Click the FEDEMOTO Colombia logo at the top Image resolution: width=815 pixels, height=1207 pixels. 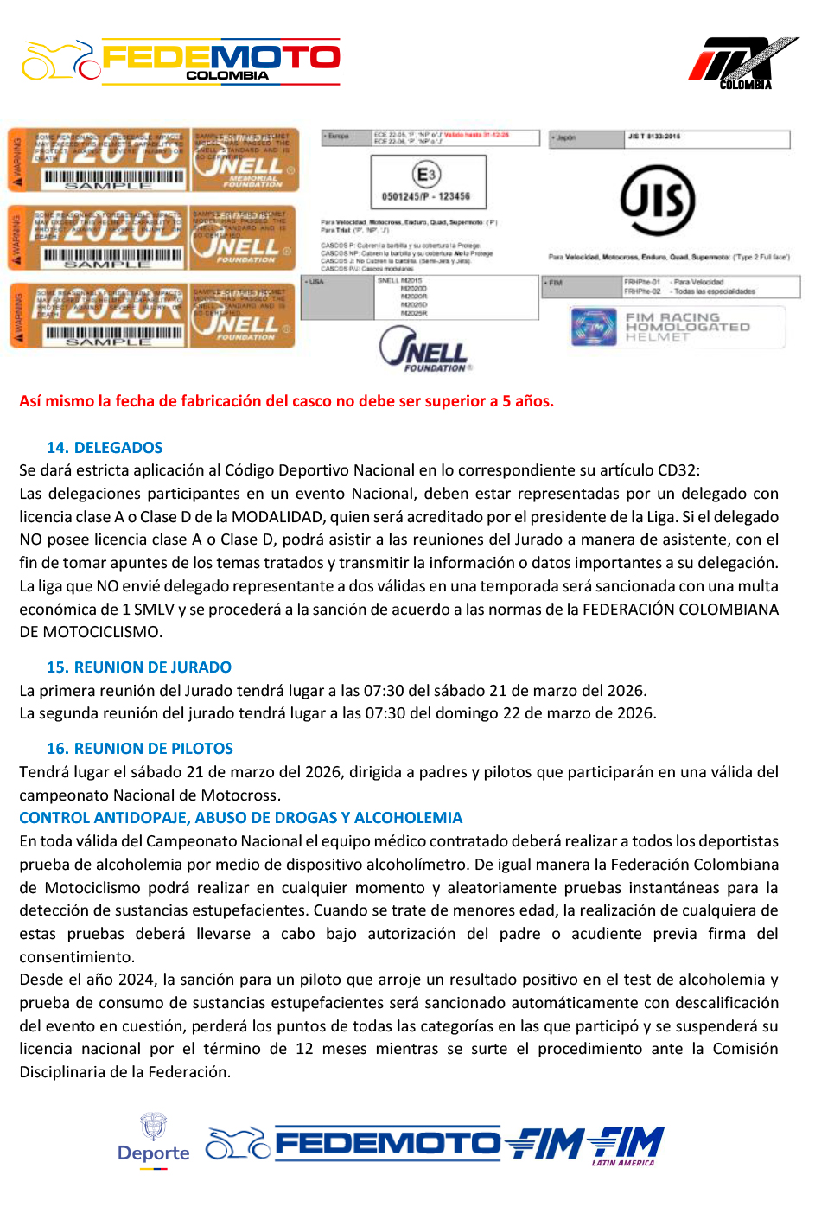coord(181,61)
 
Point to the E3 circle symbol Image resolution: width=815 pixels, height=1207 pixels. coord(427,174)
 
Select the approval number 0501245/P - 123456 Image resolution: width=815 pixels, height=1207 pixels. coord(426,196)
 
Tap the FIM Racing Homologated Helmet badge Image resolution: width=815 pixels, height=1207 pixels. coord(678,327)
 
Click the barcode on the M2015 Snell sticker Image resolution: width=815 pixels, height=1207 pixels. coord(113,177)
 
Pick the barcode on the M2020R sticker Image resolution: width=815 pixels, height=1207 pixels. coord(113,333)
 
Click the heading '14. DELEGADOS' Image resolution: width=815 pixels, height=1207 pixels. coord(105,448)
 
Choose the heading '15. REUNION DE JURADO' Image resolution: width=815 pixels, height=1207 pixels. coord(139,667)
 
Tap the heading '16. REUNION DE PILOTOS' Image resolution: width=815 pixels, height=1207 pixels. coord(140,749)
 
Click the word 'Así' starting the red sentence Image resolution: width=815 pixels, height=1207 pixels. coord(31,401)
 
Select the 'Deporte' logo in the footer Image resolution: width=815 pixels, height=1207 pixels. coord(154,1141)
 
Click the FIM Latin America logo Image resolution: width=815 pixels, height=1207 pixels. coord(627,1146)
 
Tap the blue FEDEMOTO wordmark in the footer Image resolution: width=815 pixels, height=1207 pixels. coord(387,1144)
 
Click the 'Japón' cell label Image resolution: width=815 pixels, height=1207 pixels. coord(565,137)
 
